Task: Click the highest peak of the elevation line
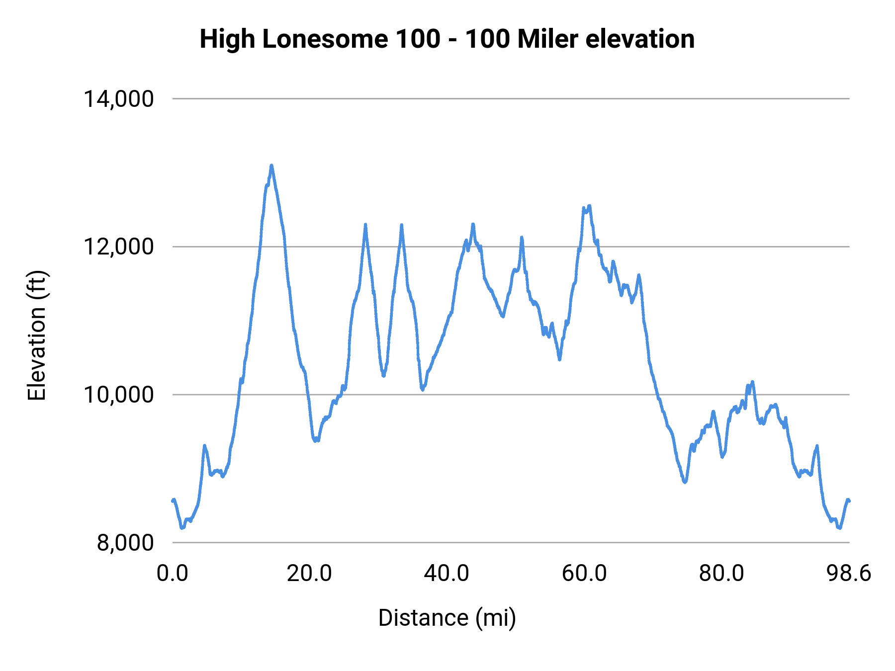[x=271, y=166]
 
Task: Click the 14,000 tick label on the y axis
[x=118, y=99]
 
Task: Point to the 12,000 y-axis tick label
[x=118, y=247]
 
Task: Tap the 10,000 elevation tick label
[x=118, y=395]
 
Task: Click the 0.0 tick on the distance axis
[x=173, y=573]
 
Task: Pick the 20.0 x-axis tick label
[x=309, y=573]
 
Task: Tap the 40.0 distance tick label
[x=447, y=573]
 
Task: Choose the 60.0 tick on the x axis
[x=584, y=573]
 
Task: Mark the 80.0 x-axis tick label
[x=721, y=573]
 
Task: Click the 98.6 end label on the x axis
[x=849, y=573]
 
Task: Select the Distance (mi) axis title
[x=447, y=618]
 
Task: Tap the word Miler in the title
[x=547, y=39]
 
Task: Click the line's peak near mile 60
[x=589, y=206]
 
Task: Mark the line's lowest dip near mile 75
[x=685, y=482]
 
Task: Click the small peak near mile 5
[x=204, y=446]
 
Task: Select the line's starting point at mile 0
[x=173, y=501]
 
